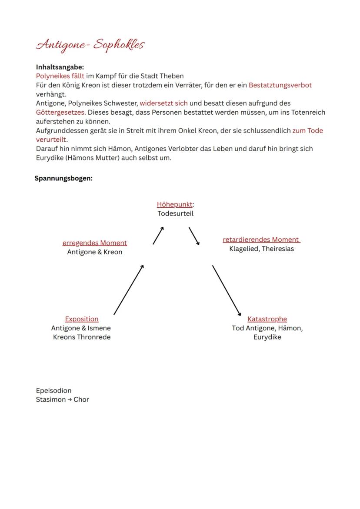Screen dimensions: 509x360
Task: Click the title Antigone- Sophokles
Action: pyautogui.click(x=90, y=45)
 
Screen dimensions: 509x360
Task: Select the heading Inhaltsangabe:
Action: pyautogui.click(x=60, y=67)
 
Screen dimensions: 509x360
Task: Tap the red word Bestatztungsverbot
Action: pyautogui.click(x=280, y=85)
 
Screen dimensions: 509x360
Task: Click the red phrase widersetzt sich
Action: pyautogui.click(x=163, y=103)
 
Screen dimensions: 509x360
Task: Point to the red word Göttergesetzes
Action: pyautogui.click(x=60, y=112)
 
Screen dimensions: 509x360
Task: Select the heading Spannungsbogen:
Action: pyautogui.click(x=63, y=178)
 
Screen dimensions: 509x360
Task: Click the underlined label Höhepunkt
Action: pyautogui.click(x=175, y=204)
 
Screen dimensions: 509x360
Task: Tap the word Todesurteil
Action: pyautogui.click(x=175, y=213)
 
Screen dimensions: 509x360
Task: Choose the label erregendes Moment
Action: pyautogui.click(x=94, y=243)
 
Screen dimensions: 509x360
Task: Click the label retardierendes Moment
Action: pyautogui.click(x=261, y=240)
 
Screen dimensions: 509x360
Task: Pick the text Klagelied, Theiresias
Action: pyautogui.click(x=261, y=249)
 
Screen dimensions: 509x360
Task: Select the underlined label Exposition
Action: pyautogui.click(x=82, y=319)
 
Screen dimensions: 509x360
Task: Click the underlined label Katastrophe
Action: pyautogui.click(x=267, y=319)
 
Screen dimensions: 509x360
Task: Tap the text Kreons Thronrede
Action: pyautogui.click(x=82, y=337)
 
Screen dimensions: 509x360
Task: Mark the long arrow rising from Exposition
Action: pyautogui.click(x=129, y=289)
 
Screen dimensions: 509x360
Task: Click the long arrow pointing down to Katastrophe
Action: pyautogui.click(x=227, y=290)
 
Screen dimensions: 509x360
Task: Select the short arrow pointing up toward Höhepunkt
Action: pyautogui.click(x=158, y=236)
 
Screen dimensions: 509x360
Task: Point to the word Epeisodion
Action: pyautogui.click(x=53, y=390)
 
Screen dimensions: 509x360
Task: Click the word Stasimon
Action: pyautogui.click(x=50, y=399)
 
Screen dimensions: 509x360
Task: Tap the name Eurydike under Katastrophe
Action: pyautogui.click(x=267, y=337)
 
